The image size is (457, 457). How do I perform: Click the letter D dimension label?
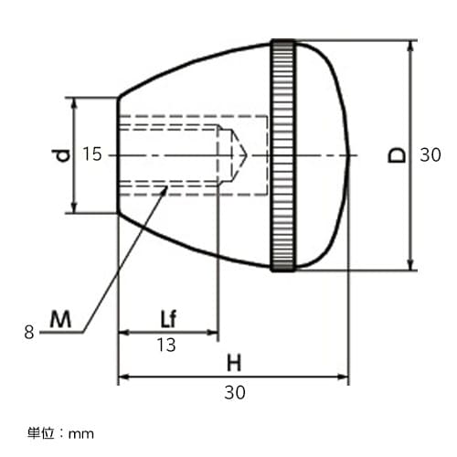point(396,155)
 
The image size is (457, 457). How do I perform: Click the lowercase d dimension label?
point(61,155)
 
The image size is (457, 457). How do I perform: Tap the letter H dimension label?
point(234,362)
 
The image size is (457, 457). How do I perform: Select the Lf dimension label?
point(166,319)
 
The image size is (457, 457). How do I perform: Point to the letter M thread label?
point(60,319)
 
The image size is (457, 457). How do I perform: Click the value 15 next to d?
point(91,155)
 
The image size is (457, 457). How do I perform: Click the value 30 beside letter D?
point(430,155)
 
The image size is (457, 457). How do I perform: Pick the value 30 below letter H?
point(234,392)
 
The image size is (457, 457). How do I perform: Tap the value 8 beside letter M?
point(29,333)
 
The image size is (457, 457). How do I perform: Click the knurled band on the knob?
point(282,155)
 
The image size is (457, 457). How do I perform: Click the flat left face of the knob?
point(119,155)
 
